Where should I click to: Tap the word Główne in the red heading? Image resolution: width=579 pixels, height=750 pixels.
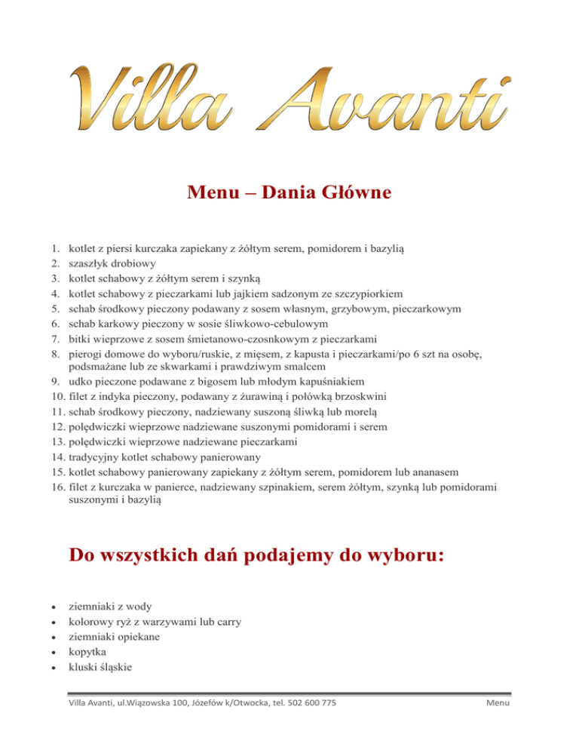(350, 193)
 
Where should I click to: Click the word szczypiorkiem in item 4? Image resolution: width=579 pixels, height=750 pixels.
(366, 294)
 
